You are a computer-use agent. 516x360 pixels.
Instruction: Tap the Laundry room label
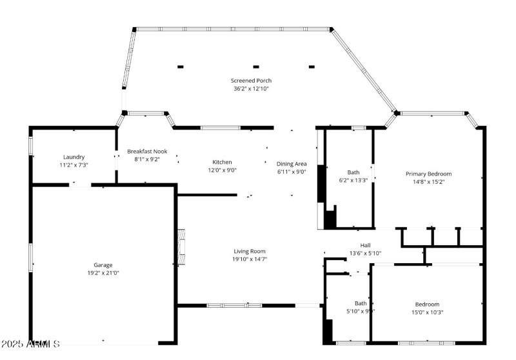pyautogui.click(x=74, y=157)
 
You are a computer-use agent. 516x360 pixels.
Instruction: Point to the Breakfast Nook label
pyautogui.click(x=147, y=151)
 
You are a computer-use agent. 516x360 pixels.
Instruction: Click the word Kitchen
pyautogui.click(x=223, y=162)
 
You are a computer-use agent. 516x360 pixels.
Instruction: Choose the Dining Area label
pyautogui.click(x=292, y=164)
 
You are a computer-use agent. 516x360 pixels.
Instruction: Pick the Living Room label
pyautogui.click(x=249, y=251)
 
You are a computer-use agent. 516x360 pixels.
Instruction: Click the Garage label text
pyautogui.click(x=103, y=265)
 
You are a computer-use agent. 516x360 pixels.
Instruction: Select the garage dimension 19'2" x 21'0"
pyautogui.click(x=103, y=272)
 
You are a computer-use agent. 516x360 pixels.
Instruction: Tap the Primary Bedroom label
pyautogui.click(x=428, y=174)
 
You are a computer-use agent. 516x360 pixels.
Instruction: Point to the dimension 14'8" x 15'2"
pyautogui.click(x=428, y=181)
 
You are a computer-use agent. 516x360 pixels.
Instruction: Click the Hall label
pyautogui.click(x=365, y=245)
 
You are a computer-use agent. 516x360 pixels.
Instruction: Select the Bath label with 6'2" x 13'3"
pyautogui.click(x=353, y=172)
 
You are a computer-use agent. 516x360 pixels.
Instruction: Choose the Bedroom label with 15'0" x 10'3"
pyautogui.click(x=427, y=304)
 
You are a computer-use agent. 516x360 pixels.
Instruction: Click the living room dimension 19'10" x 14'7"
pyautogui.click(x=249, y=259)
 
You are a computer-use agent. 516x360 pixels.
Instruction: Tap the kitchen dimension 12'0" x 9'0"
pyautogui.click(x=223, y=170)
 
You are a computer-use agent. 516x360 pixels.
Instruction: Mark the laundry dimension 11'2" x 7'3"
pyautogui.click(x=74, y=165)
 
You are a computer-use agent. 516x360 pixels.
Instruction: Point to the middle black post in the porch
pyautogui.click(x=256, y=66)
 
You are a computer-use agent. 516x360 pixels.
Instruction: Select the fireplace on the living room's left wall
pyautogui.click(x=181, y=246)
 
